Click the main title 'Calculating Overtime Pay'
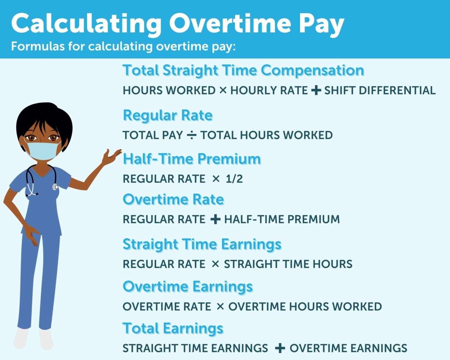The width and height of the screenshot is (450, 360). (x=178, y=23)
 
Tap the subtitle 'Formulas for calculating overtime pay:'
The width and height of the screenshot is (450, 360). (x=123, y=46)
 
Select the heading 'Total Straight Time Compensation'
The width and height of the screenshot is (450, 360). (x=243, y=70)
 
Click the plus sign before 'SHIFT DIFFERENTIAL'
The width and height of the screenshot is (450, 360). (x=316, y=90)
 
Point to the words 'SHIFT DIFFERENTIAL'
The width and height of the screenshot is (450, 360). (x=380, y=90)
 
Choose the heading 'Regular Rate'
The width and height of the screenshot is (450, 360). (x=168, y=115)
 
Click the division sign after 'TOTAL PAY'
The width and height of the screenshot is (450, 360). (x=192, y=135)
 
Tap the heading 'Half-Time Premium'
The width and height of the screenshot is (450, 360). (x=192, y=159)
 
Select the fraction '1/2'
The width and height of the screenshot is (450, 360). (x=234, y=179)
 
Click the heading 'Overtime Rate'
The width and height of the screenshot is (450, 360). (x=173, y=199)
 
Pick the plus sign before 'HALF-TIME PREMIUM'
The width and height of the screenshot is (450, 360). (x=215, y=219)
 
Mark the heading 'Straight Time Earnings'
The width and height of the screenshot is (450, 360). (x=202, y=244)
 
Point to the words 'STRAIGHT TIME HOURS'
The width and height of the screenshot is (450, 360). (x=288, y=264)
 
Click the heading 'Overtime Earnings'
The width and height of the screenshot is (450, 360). (x=188, y=287)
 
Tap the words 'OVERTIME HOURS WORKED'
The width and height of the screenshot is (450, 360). (x=305, y=307)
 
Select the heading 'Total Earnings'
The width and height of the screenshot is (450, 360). (x=173, y=328)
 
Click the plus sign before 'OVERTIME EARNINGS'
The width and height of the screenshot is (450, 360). (x=280, y=348)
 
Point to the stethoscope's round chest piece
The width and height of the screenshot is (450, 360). (x=55, y=187)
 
